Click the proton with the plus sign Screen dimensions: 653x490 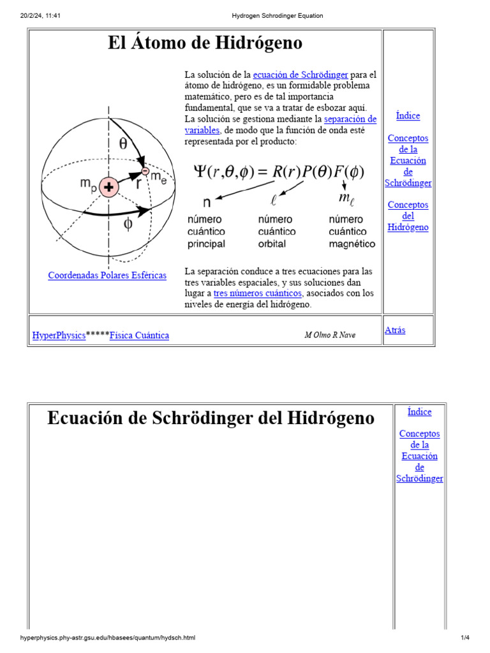pyautogui.click(x=109, y=187)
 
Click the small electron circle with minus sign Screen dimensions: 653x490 pyautogui.click(x=145, y=171)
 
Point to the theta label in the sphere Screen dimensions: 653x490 pyautogui.click(x=123, y=143)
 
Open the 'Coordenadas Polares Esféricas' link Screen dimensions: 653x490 pyautogui.click(x=107, y=275)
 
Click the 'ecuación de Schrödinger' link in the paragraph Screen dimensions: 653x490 pyautogui.click(x=301, y=75)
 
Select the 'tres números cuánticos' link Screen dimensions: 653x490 pyautogui.click(x=257, y=293)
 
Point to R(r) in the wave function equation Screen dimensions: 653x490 pyautogui.click(x=286, y=172)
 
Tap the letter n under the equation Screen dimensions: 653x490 pyautogui.click(x=207, y=203)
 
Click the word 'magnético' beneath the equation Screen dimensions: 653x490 pyautogui.click(x=352, y=244)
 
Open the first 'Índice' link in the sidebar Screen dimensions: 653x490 pyautogui.click(x=408, y=115)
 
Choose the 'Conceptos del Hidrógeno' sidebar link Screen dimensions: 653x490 pyautogui.click(x=408, y=216)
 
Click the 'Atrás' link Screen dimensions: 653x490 pyautogui.click(x=395, y=330)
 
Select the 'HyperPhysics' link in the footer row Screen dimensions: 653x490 pyautogui.click(x=59, y=335)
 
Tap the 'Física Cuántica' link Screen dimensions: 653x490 pyautogui.click(x=139, y=335)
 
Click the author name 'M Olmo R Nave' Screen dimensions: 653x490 pyautogui.click(x=330, y=335)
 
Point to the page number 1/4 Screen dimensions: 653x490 pyautogui.click(x=464, y=638)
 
